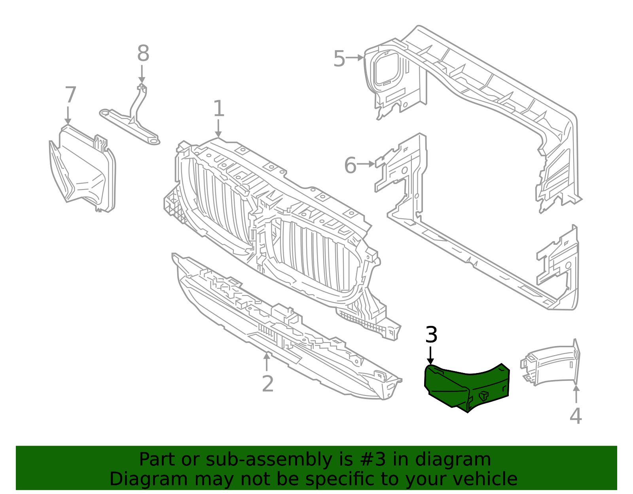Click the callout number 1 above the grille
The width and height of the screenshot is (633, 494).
click(x=218, y=109)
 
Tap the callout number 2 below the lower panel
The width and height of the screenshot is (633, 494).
click(x=268, y=384)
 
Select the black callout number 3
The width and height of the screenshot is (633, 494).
click(x=431, y=335)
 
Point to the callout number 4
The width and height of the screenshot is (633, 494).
click(x=576, y=416)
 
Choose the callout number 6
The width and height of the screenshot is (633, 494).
click(x=350, y=165)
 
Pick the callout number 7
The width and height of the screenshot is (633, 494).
click(x=70, y=95)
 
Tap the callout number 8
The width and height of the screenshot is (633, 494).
click(x=143, y=53)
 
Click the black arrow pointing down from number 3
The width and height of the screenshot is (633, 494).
click(x=431, y=354)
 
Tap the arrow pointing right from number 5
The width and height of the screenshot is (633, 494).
click(x=355, y=58)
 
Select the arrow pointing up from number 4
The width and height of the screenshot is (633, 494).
click(x=576, y=394)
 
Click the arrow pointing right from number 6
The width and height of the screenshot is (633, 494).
click(x=366, y=164)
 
